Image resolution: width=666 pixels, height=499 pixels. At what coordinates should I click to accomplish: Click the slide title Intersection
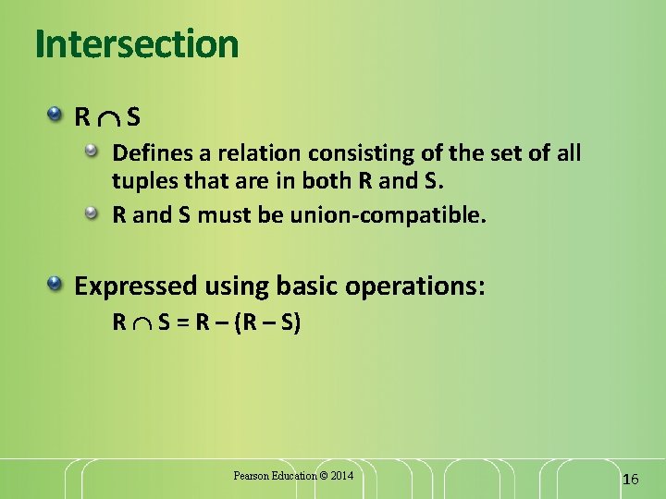pyautogui.click(x=137, y=43)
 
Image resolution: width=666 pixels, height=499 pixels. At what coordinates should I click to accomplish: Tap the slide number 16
pyautogui.click(x=631, y=479)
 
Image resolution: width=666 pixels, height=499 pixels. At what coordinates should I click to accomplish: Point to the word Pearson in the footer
pyautogui.click(x=251, y=476)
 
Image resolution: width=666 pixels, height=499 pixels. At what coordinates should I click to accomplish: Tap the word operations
pyautogui.click(x=413, y=286)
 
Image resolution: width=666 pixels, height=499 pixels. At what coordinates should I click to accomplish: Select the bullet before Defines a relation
pyautogui.click(x=94, y=149)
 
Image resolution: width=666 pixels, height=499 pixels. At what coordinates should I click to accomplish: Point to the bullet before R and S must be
pyautogui.click(x=94, y=213)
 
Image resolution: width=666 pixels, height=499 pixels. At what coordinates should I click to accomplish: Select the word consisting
pyautogui.click(x=328, y=152)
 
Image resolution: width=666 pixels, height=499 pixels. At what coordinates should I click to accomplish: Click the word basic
pyautogui.click(x=308, y=286)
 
